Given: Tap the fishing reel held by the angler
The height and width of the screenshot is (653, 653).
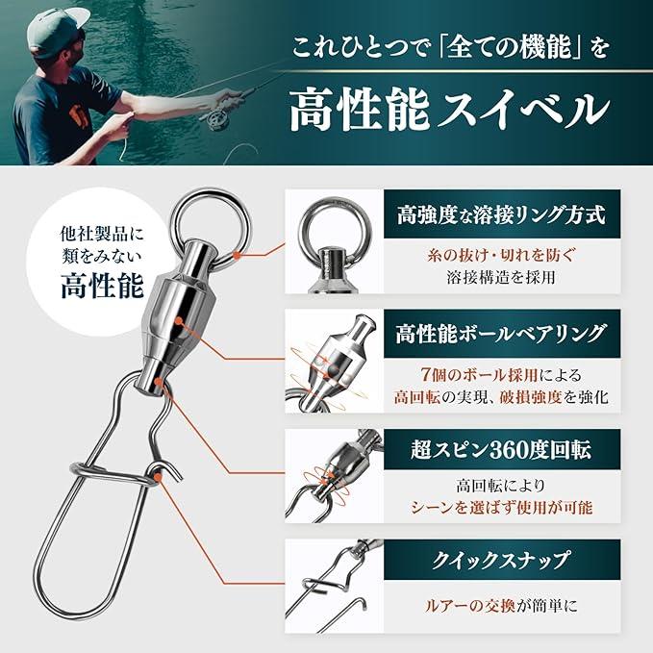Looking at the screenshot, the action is tap(214, 118).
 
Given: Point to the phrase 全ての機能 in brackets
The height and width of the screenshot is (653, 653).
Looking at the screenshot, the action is tap(506, 48).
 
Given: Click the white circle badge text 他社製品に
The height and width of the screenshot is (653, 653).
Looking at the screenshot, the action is tap(102, 234).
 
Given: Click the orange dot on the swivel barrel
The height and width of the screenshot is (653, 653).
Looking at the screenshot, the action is tap(180, 321).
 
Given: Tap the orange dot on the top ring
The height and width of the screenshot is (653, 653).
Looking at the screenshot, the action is tap(238, 254).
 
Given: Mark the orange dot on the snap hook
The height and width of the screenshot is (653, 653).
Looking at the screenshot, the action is tap(158, 477).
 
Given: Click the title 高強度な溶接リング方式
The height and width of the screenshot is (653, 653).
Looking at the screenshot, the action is tap(501, 215).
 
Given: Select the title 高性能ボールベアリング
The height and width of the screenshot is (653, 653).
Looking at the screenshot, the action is tap(501, 334).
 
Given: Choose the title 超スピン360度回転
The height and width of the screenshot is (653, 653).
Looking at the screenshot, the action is tap(501, 450).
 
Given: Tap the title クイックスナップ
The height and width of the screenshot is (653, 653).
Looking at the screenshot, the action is tap(501, 560).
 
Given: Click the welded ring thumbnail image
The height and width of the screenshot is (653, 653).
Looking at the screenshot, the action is tap(334, 241).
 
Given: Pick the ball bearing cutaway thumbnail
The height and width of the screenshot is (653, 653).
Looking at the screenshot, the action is tap(334, 361).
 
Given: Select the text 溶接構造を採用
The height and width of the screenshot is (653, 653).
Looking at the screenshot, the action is tap(501, 277).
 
